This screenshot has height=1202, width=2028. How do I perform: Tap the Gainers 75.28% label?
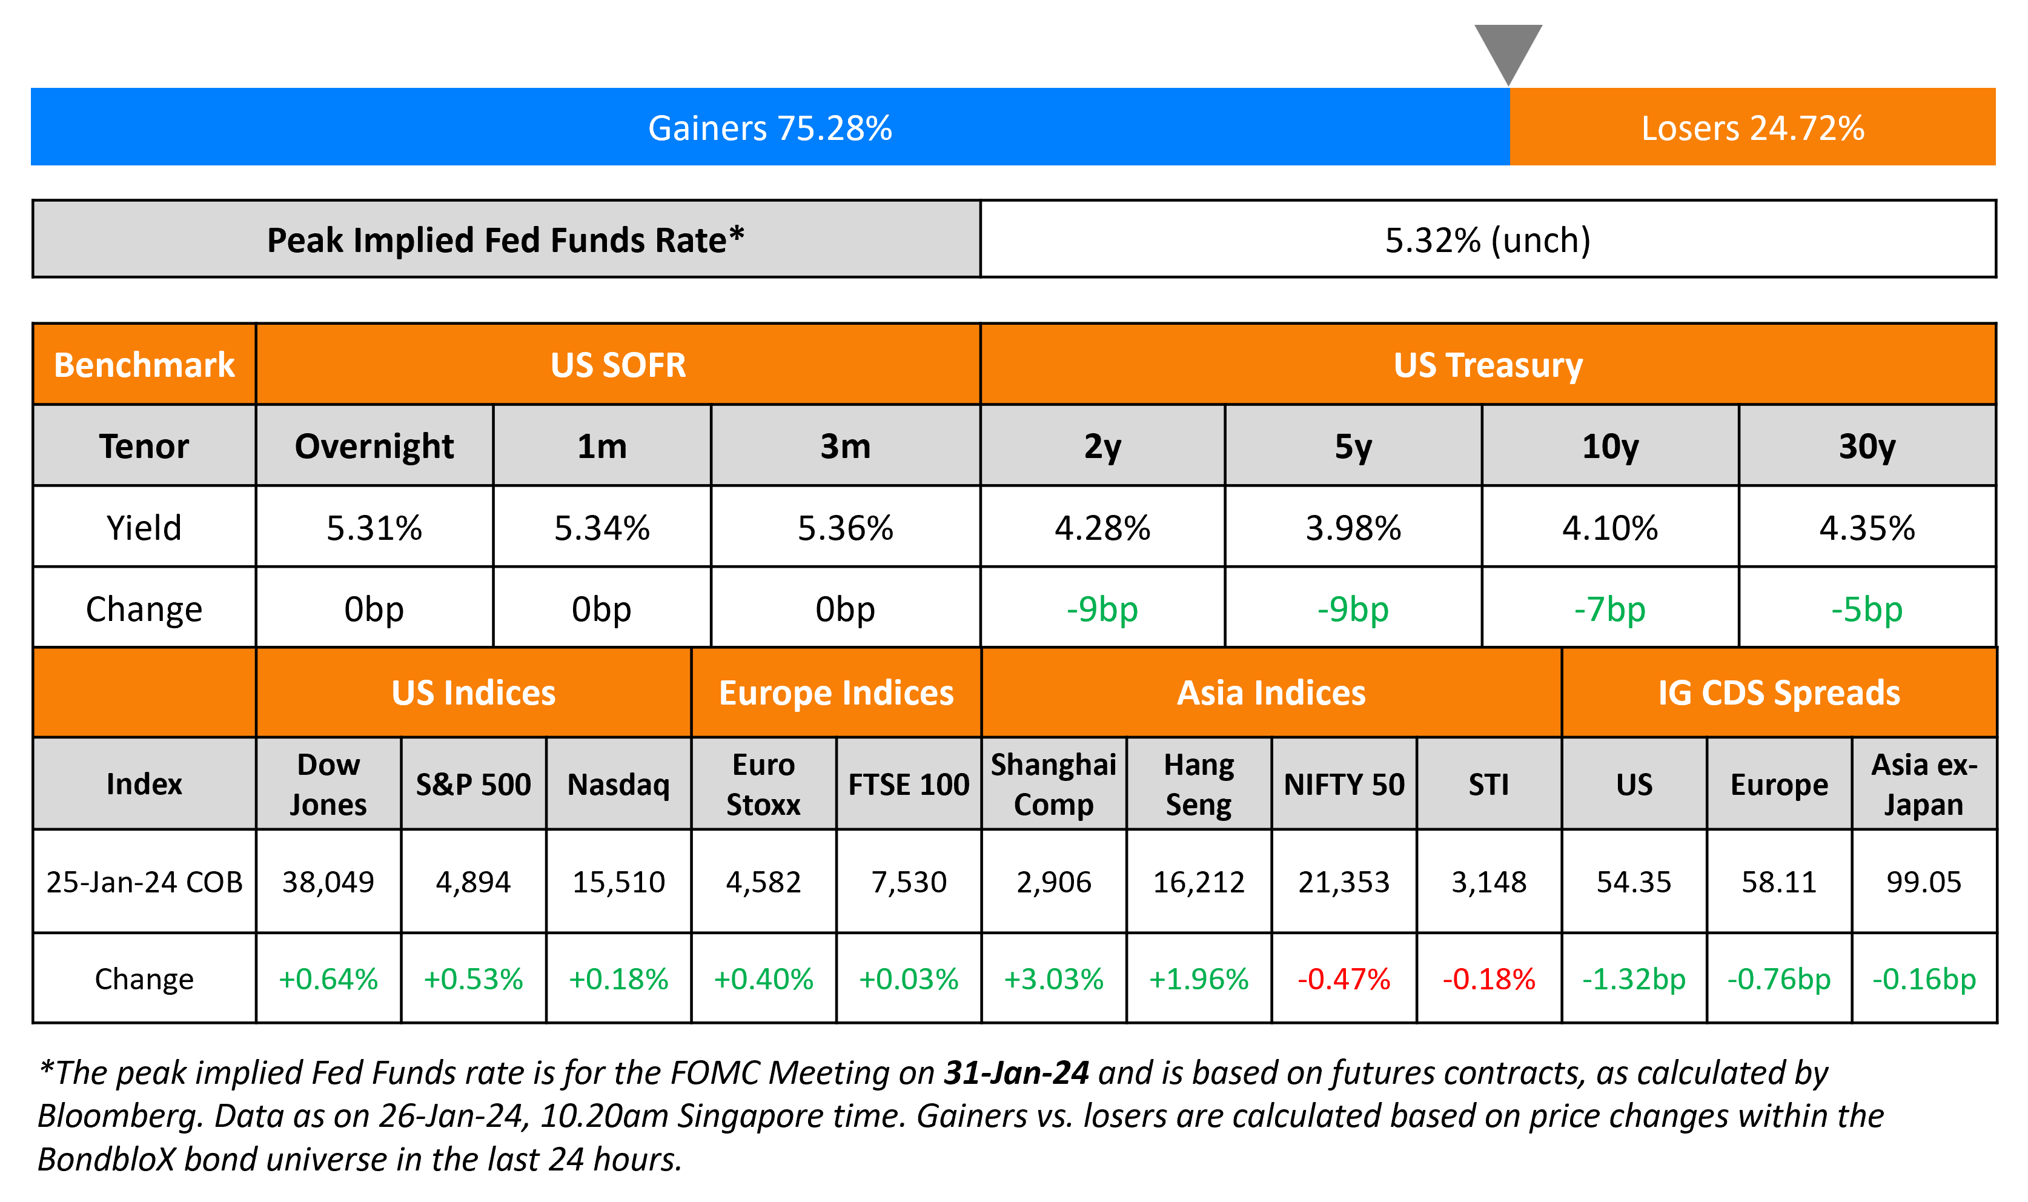pyautogui.click(x=770, y=128)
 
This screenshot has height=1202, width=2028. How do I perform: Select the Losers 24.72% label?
pyautogui.click(x=1753, y=128)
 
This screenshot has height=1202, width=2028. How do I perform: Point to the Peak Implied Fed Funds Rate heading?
pyautogui.click(x=505, y=240)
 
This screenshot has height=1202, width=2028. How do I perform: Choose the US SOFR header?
pyautogui.click(x=618, y=365)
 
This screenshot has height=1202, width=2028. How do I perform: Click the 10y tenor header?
pyautogui.click(x=1609, y=447)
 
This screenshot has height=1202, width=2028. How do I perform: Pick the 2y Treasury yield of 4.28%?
pyautogui.click(x=1102, y=528)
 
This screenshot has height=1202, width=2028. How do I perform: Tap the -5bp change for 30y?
pyautogui.click(x=1867, y=609)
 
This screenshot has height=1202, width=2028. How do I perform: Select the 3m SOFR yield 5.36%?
pyautogui.click(x=845, y=528)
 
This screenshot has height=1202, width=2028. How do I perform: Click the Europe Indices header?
pyautogui.click(x=837, y=693)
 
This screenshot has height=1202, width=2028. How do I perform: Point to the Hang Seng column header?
pyautogui.click(x=1198, y=784)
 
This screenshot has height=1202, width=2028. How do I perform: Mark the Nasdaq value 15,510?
pyautogui.click(x=618, y=882)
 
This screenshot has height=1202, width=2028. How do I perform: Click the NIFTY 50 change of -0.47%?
pyautogui.click(x=1344, y=978)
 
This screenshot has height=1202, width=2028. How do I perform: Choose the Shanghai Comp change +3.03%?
pyautogui.click(x=1053, y=978)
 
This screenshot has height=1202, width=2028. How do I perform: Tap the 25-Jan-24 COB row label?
pyautogui.click(x=144, y=882)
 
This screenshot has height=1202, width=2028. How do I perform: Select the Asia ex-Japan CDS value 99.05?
pyautogui.click(x=1924, y=882)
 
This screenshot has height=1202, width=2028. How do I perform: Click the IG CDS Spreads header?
pyautogui.click(x=1778, y=693)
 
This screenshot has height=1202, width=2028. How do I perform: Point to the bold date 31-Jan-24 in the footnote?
pyautogui.click(x=1017, y=1072)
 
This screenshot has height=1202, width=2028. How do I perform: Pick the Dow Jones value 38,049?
pyautogui.click(x=328, y=882)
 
